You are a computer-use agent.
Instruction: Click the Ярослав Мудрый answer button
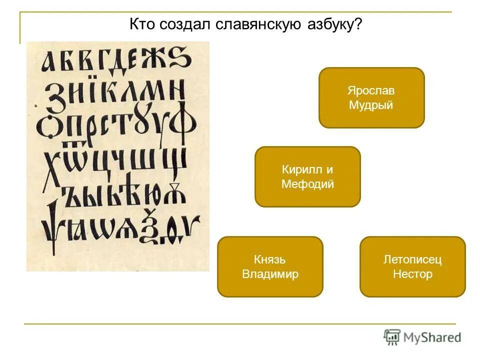point(371,97)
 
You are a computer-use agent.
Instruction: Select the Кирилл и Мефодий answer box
point(307,176)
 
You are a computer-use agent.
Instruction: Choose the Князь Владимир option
point(270,266)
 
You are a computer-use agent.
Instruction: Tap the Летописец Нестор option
point(412,266)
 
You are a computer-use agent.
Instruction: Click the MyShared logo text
point(432,337)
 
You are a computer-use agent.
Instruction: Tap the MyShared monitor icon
point(392,337)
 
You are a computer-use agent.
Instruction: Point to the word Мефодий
point(307,184)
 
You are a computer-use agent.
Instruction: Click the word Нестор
point(412,274)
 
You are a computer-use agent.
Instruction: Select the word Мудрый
point(371,105)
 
